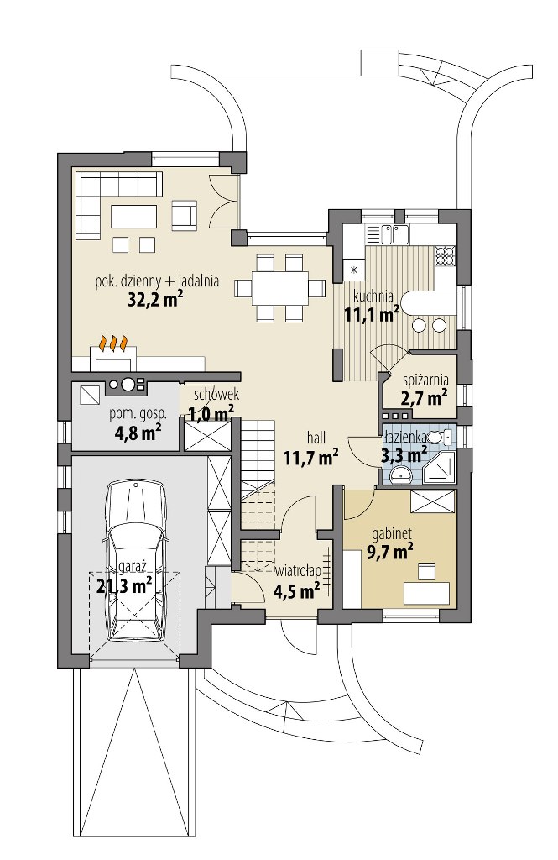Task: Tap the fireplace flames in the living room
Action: (113, 343)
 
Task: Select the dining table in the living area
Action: (279, 288)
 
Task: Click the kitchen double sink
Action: (393, 234)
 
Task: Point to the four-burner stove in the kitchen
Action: (445, 254)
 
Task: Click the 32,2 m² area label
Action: (155, 300)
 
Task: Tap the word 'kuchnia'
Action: (373, 296)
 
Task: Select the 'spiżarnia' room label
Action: (426, 380)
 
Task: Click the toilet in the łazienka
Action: (441, 437)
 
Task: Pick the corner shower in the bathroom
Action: (440, 467)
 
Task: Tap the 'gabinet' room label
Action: (391, 533)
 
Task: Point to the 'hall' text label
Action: (316, 438)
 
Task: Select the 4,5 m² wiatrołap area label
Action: (297, 591)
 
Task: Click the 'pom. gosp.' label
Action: (138, 414)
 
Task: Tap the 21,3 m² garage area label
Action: (124, 586)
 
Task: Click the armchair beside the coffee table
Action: (184, 214)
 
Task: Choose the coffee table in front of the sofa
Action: (134, 216)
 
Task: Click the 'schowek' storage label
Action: (216, 395)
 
